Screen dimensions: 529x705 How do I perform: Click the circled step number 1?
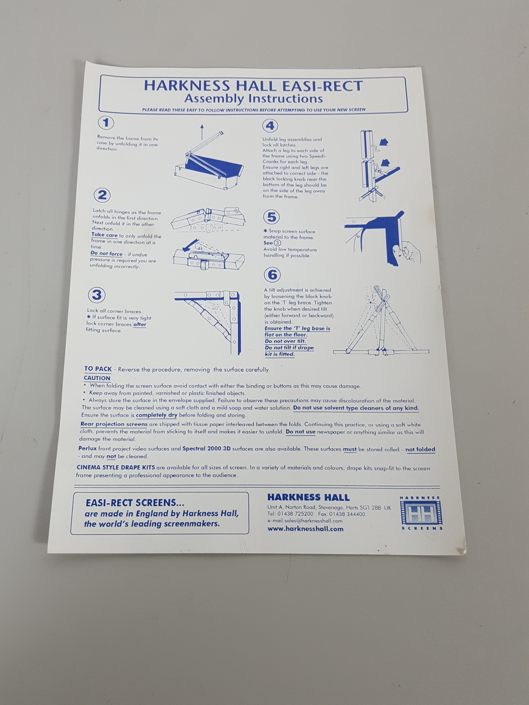coord(106,123)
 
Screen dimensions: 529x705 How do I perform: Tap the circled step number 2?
coord(102,195)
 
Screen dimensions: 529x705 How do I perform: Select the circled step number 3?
coord(97,295)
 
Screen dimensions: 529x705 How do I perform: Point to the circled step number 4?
coord(270,126)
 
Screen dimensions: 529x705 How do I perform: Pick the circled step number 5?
coord(271,217)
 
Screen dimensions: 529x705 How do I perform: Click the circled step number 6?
coord(272,275)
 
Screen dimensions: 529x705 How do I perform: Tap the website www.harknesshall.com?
coord(305,529)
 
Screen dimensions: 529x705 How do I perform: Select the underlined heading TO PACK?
coord(98,369)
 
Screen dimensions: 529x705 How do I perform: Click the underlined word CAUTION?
coord(97,378)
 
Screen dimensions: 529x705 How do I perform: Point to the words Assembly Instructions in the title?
coord(253,99)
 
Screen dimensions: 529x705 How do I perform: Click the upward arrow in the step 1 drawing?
coord(202,132)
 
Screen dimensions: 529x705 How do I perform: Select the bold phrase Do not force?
coord(107,254)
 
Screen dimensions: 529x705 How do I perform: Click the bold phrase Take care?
coord(104,235)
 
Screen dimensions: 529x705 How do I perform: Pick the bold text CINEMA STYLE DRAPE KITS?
coord(116,467)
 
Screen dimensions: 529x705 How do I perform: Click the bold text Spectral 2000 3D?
coord(207,449)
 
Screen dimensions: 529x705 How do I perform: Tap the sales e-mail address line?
coord(305,521)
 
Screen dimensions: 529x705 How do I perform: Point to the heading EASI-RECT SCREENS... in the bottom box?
coord(135,503)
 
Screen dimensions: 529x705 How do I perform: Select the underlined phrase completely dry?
coord(157,415)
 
